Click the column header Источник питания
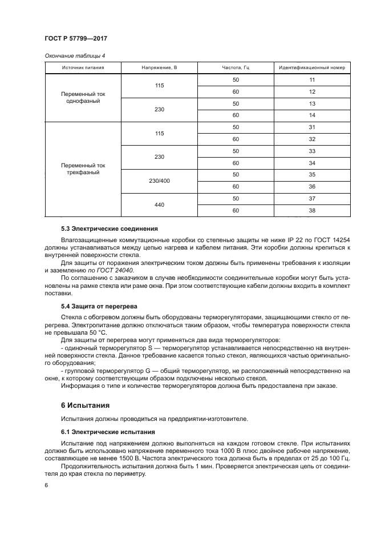pos(83,68)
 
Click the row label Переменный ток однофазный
pos(83,97)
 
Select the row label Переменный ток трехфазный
pos(83,168)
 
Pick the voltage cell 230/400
pos(159,180)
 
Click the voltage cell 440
pos(159,204)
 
